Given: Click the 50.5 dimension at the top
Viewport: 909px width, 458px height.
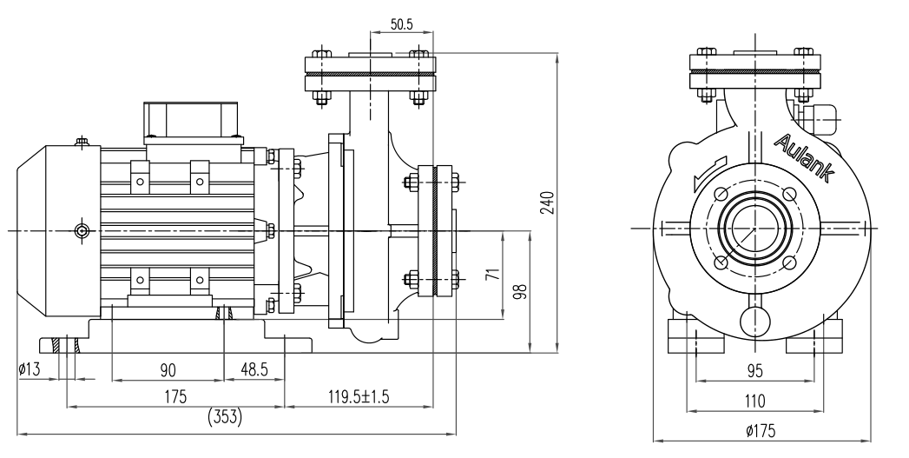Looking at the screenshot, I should point(401,24).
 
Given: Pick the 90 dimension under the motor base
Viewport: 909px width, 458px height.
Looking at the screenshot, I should point(168,370).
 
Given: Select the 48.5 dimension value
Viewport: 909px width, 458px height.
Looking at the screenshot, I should point(254,370).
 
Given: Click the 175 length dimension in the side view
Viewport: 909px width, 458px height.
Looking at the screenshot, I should point(177,397).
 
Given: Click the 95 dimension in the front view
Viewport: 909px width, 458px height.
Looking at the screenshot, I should point(754,371).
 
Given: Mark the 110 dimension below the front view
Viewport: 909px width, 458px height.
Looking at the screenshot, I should point(754,401).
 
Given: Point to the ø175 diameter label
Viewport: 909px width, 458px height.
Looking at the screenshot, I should point(754,430).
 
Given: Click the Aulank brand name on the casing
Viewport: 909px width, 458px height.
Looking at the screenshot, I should point(803,158).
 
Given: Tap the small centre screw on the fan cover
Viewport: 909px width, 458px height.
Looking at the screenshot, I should point(82,230).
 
